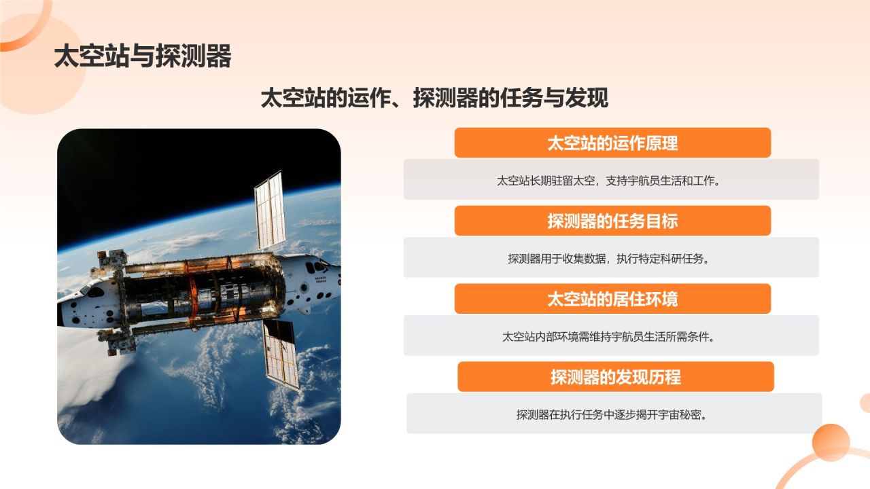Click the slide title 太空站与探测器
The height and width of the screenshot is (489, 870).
tap(143, 57)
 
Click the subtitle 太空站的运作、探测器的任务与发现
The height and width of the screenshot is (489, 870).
tap(434, 98)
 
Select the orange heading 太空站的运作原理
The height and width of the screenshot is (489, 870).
tap(612, 143)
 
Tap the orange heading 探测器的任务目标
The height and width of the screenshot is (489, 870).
tap(612, 221)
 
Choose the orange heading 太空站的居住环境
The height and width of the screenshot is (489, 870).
tap(612, 300)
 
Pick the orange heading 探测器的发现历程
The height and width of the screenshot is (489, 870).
tap(615, 377)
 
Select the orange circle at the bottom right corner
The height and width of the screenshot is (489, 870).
tap(831, 443)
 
